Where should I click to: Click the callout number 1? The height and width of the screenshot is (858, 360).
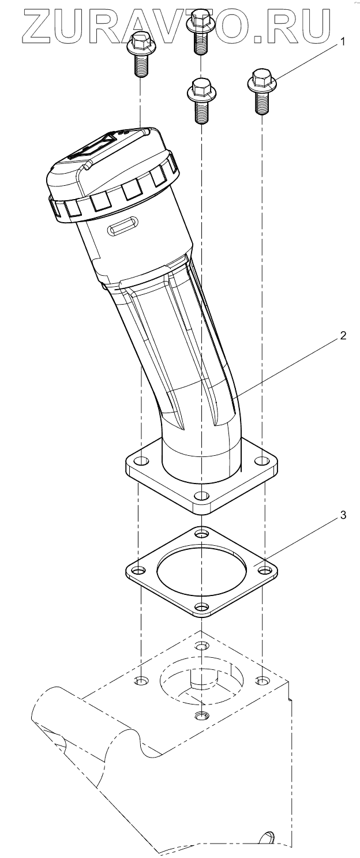(343, 42)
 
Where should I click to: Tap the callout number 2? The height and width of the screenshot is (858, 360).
(343, 336)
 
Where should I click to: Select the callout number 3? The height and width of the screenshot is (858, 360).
(343, 515)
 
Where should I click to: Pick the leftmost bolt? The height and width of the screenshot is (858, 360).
(140, 54)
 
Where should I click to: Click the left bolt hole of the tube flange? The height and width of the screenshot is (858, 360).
(142, 460)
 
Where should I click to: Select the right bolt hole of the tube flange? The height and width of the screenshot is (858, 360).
(262, 460)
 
